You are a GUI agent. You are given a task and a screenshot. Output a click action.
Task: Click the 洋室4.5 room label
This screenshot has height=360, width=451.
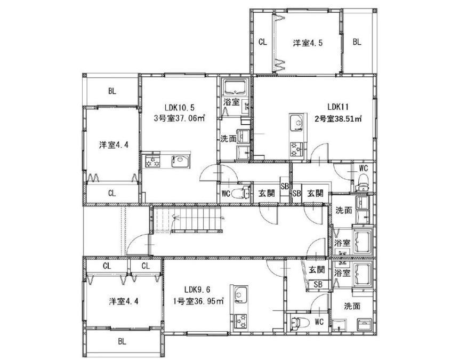coord(308,43)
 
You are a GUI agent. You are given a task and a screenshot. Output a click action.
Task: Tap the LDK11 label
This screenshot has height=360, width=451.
coord(338,107)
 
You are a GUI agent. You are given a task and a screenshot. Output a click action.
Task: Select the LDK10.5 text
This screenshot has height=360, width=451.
coord(180,108)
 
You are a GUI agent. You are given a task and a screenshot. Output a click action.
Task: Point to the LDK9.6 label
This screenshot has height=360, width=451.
coord(199,289)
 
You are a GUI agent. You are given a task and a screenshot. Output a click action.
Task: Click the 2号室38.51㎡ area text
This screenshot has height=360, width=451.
coord(338,118)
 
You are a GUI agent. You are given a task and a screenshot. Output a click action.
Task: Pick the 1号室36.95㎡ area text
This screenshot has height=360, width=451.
coord(199,301)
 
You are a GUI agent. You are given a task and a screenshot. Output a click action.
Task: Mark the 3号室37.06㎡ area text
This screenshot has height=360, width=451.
coord(179,118)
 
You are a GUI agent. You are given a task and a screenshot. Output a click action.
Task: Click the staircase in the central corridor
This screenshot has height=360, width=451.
coord(187,219)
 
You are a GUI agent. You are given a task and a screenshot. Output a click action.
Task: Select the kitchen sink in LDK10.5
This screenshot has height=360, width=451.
coord(180,161)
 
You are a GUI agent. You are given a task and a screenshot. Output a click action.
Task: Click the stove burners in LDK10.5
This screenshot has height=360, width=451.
coord(152,162)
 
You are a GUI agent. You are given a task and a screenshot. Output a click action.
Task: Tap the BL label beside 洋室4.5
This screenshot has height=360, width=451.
coord(357,42)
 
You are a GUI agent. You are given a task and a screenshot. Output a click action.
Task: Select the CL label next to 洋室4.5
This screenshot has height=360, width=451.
coord(263,42)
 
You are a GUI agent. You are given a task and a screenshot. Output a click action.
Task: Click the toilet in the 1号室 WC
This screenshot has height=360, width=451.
coord(300,322)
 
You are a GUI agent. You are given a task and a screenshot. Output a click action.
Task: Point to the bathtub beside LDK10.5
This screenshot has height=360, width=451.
coord(236,87)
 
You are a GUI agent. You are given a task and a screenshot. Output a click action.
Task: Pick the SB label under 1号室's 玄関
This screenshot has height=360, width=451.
coord(318,285)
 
